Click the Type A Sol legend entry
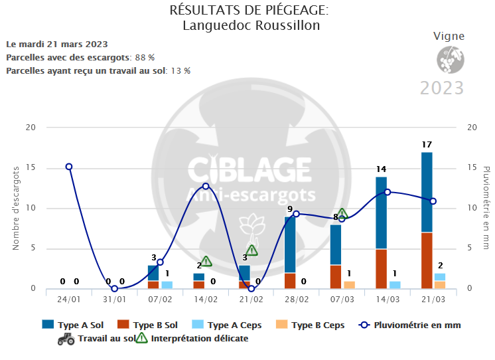pos(72,325)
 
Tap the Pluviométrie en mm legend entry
pos(409,325)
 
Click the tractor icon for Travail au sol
pos(66,338)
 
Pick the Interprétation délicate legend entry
pos(192,338)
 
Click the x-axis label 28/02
pos(297,300)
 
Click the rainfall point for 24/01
pos(69,167)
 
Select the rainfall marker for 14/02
pos(206,186)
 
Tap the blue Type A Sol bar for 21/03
pos(427,193)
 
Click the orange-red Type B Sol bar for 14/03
pos(381,268)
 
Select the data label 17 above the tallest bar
pos(427,144)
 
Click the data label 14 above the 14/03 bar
pos(381,169)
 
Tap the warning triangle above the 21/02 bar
pos(251,250)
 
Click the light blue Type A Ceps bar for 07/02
pos(167,285)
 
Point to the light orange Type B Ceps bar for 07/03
pos(349,285)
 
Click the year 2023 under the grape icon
pos(442,88)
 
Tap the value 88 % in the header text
pos(145,57)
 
